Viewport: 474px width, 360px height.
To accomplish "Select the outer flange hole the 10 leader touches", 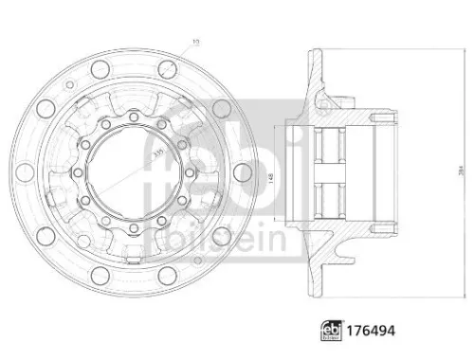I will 169,68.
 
